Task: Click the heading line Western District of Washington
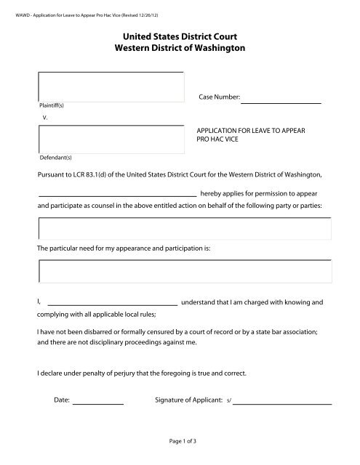(x=179, y=47)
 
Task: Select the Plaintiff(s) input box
(x=110, y=86)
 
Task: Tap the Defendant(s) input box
(x=110, y=139)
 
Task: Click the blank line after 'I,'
(x=112, y=303)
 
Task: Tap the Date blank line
(x=98, y=401)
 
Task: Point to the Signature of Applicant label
(x=188, y=400)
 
